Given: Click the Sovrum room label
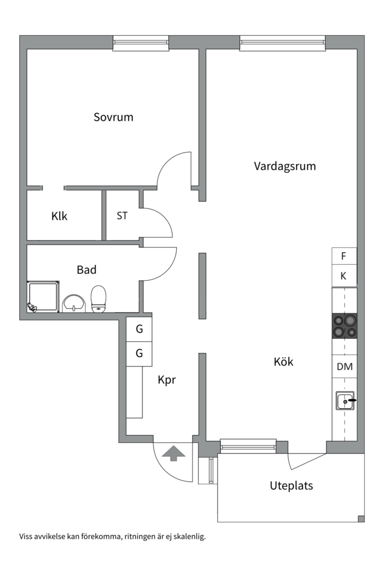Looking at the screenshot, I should click(113, 117).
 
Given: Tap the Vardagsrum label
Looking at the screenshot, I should click(285, 166).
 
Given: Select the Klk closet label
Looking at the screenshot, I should click(59, 216).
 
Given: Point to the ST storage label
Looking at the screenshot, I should click(122, 216).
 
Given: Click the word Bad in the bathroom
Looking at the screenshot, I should click(86, 270).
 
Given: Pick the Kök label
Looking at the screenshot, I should click(283, 362).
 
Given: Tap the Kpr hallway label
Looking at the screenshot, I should click(166, 380).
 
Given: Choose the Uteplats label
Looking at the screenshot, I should click(291, 486).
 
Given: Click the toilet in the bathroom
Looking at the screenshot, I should click(99, 299).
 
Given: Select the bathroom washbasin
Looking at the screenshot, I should click(73, 303).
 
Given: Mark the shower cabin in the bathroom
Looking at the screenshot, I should click(43, 297).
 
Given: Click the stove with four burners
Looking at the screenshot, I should click(344, 326).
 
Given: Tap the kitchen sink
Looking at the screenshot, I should click(345, 401).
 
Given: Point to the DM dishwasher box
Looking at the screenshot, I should click(344, 366).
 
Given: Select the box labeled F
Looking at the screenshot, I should click(344, 256).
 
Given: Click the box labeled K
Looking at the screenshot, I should click(344, 276).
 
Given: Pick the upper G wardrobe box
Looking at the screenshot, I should click(139, 329).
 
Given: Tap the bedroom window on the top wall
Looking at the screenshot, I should click(141, 43).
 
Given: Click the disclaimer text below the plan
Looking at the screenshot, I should click(113, 536).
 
